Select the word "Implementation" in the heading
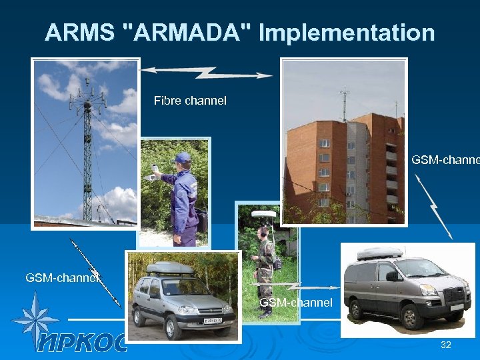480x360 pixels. tap(347, 32)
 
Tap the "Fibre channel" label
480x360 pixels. tap(190, 101)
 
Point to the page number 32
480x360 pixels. tap(446, 345)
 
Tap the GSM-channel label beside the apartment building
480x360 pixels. tap(445, 160)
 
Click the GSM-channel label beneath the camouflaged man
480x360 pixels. tap(296, 303)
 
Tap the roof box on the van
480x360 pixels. tap(379, 253)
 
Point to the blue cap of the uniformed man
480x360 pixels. tap(181, 157)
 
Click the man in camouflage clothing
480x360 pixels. tap(265, 267)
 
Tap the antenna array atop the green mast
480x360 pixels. tap(87, 97)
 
